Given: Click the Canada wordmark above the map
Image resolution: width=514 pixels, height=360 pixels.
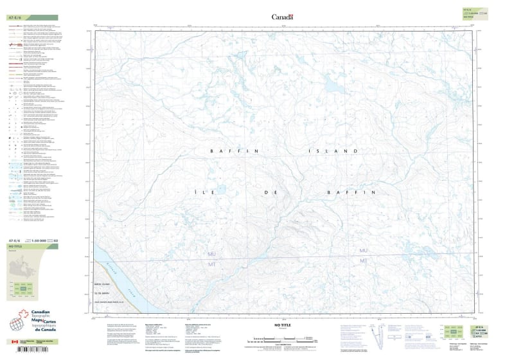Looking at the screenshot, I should [282, 17].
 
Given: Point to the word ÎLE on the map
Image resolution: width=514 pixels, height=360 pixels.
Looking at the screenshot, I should [217, 192].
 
